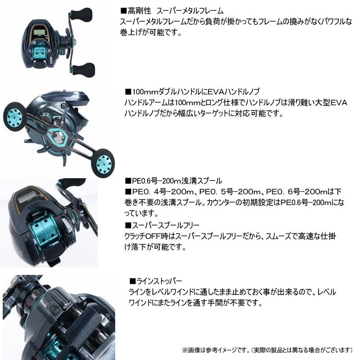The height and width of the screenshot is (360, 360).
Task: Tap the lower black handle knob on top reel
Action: [x=83, y=69]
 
